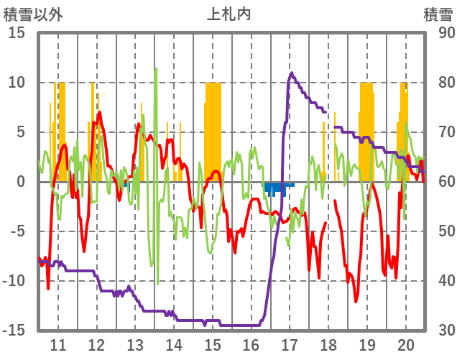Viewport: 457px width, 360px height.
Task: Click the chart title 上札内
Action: [x=228, y=14]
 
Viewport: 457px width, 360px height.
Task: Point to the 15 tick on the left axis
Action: [x=17, y=33]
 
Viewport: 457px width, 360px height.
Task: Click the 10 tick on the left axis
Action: [x=17, y=83]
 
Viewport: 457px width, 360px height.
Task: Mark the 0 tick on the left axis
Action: [x=22, y=182]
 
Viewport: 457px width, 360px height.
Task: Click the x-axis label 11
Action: [x=58, y=344]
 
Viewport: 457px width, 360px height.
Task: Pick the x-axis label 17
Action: [x=290, y=344]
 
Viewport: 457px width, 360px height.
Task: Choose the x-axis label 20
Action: [x=406, y=344]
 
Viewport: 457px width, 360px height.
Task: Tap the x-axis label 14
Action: [x=174, y=344]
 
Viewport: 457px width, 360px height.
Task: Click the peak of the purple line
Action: [x=291, y=73]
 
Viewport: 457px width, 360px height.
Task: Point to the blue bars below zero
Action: [x=277, y=188]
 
